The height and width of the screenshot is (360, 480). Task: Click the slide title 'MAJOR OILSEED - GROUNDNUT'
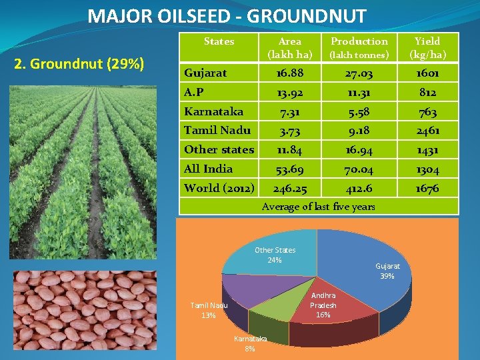(x=227, y=15)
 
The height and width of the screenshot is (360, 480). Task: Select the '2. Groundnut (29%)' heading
(x=85, y=65)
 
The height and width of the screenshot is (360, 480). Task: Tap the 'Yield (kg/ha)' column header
(x=427, y=47)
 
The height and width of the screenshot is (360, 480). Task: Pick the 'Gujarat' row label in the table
(x=205, y=72)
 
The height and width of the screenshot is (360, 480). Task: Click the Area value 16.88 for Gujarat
(x=289, y=73)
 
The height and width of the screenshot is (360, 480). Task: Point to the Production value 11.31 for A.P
(x=359, y=92)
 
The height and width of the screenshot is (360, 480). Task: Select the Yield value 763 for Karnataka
(x=427, y=111)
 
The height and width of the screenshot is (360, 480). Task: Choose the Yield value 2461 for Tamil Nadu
(x=427, y=131)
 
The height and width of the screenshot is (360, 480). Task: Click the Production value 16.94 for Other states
(x=359, y=150)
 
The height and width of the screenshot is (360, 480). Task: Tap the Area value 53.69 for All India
(x=289, y=169)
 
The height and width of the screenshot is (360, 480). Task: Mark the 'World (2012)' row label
(x=219, y=188)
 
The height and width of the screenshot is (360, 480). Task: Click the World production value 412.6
(x=359, y=189)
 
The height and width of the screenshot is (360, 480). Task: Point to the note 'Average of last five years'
(x=318, y=207)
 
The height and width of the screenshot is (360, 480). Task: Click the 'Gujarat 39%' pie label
(x=387, y=271)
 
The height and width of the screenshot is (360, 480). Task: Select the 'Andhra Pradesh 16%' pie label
(x=323, y=305)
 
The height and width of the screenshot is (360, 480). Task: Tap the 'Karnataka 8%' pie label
(x=250, y=343)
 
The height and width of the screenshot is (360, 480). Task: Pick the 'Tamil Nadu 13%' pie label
(x=209, y=310)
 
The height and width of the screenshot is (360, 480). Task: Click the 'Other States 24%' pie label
(x=275, y=255)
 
